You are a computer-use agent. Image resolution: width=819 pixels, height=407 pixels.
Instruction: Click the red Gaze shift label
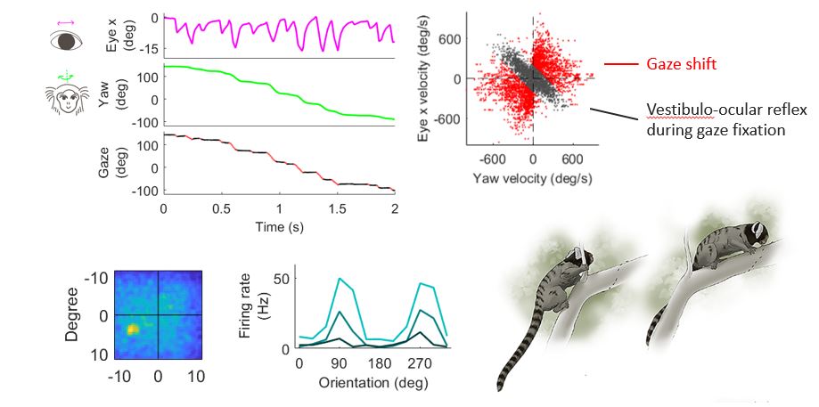[x=682, y=65]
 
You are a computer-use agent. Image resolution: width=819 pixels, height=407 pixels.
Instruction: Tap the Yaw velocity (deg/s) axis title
[x=533, y=179]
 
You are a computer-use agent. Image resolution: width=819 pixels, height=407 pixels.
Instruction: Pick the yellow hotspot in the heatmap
[x=133, y=330]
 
